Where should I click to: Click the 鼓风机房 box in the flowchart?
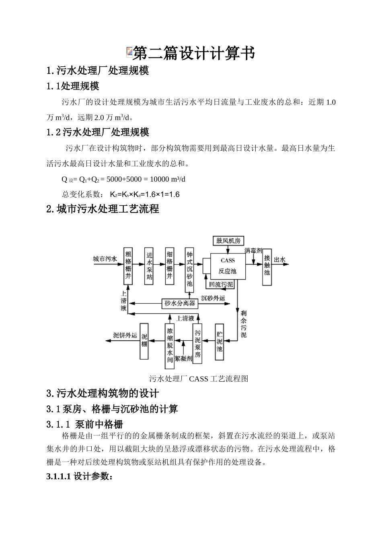(x=228, y=240)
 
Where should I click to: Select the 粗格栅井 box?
(x=128, y=266)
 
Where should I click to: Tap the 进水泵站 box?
(x=149, y=266)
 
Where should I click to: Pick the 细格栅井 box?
(x=170, y=266)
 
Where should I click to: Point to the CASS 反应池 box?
(x=227, y=266)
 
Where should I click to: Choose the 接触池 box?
(x=267, y=265)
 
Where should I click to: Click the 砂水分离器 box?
(x=180, y=303)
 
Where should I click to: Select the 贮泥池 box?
(x=220, y=342)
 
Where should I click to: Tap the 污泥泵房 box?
(x=197, y=344)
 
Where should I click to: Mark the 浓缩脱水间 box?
(x=170, y=346)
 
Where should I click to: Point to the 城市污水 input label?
(x=105, y=259)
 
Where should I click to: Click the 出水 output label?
(x=279, y=260)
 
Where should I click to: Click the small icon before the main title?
(x=129, y=51)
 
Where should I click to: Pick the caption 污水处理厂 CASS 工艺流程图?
(x=199, y=378)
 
